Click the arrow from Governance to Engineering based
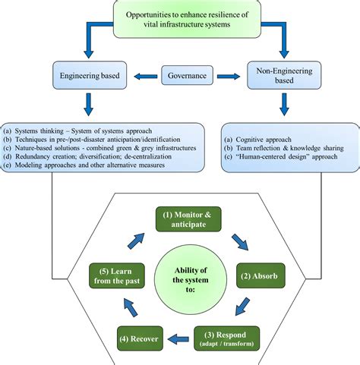pyautogui.click(x=143, y=75)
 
